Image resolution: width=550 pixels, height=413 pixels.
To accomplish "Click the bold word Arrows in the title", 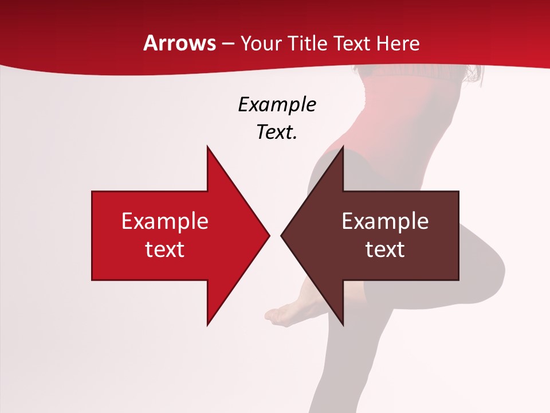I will [180, 43].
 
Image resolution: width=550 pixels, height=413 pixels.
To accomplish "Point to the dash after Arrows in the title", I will [228, 44].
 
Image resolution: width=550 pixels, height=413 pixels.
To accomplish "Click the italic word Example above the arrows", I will [277, 104].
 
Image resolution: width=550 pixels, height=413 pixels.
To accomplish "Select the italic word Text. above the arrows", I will [277, 132].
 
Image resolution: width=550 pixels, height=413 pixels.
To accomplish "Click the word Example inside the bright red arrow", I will [165, 221].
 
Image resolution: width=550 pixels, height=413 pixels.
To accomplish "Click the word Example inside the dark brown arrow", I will [385, 221].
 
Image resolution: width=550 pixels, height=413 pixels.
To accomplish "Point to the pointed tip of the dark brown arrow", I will [282, 235].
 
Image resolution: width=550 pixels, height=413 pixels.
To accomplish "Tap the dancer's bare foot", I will [281, 315].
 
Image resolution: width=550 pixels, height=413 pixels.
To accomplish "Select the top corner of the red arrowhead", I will [207, 147].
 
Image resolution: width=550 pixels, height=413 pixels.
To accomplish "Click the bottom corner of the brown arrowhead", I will [343, 324].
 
